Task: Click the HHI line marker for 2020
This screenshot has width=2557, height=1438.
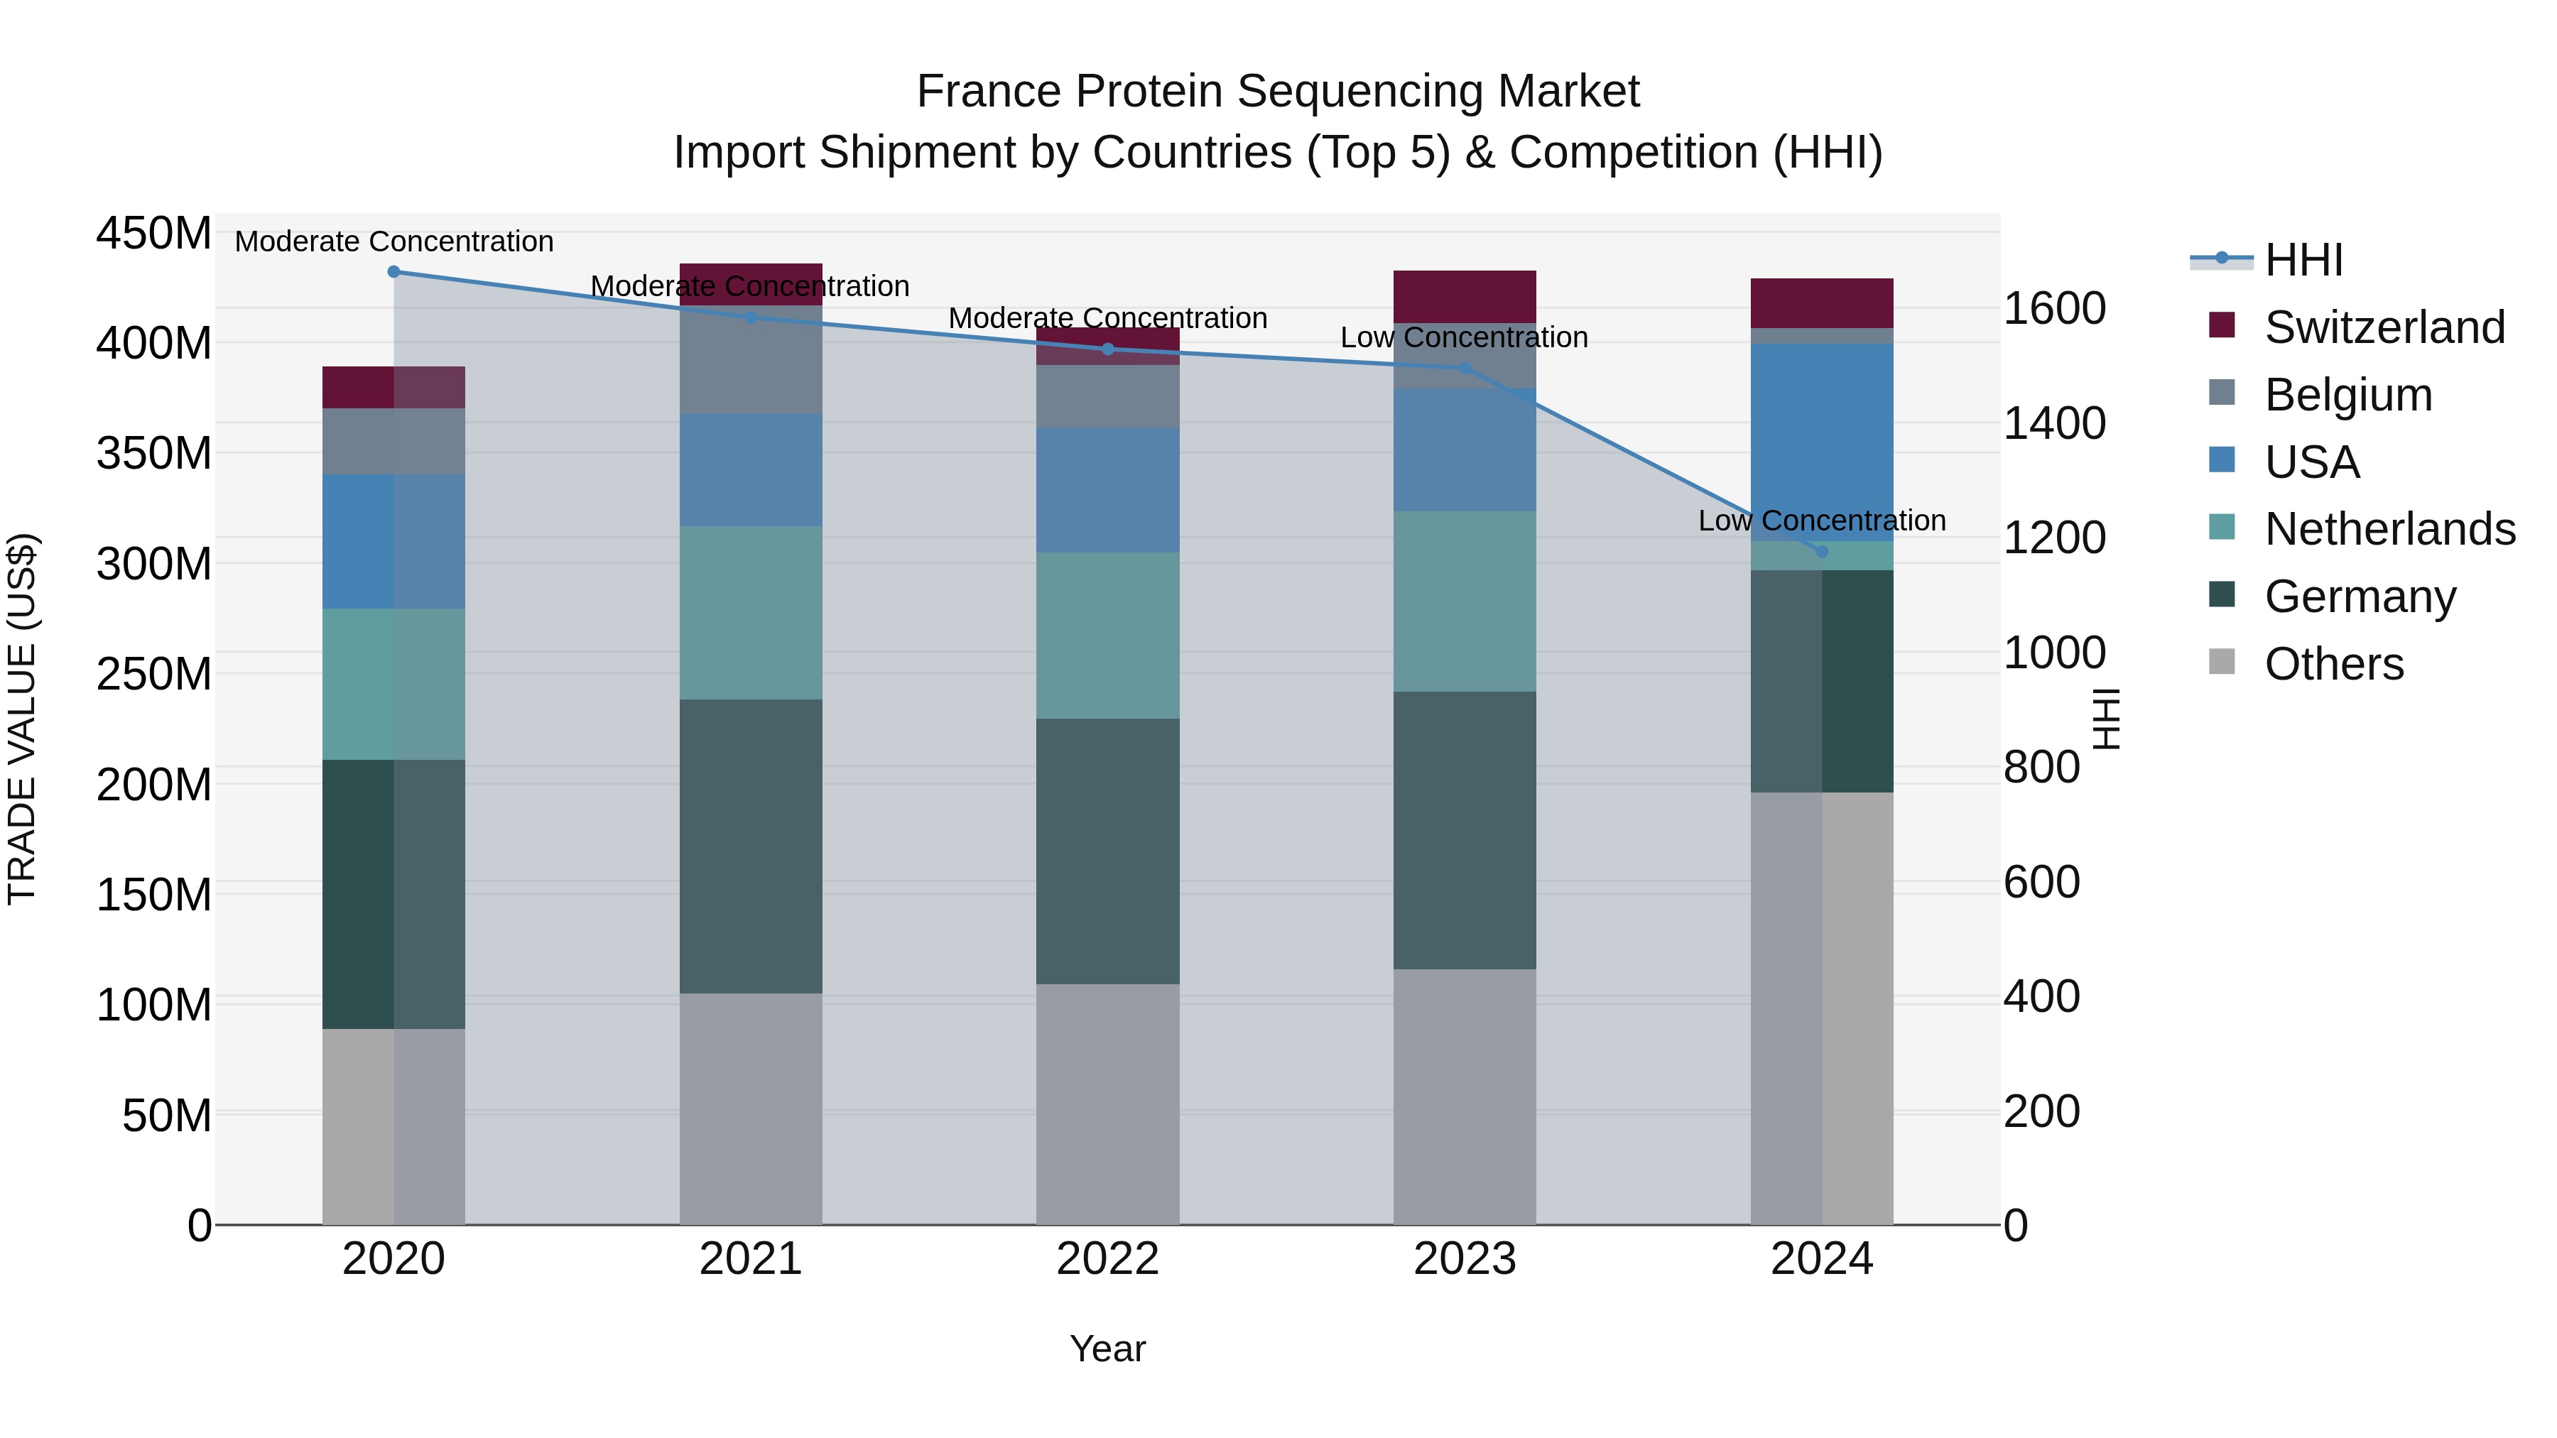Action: [394, 271]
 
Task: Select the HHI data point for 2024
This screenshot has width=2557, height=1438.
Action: [1821, 552]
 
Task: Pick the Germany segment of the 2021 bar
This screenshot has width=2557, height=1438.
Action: [751, 846]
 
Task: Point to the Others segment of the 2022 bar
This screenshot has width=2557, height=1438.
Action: [1108, 1104]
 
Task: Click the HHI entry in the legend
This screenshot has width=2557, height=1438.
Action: [2303, 260]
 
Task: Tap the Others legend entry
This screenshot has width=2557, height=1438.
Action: [2333, 664]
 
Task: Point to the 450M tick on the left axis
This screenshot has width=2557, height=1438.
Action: [154, 234]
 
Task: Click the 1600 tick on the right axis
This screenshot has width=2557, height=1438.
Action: [2053, 309]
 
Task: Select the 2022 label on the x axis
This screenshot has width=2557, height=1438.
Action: [1108, 1259]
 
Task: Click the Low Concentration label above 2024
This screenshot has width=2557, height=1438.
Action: [1821, 520]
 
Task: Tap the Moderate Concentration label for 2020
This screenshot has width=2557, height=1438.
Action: [394, 241]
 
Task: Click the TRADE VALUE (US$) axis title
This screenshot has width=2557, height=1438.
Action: [22, 719]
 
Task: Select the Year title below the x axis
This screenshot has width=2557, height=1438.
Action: [1108, 1349]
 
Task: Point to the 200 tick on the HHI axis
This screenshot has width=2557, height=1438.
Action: [2041, 1111]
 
